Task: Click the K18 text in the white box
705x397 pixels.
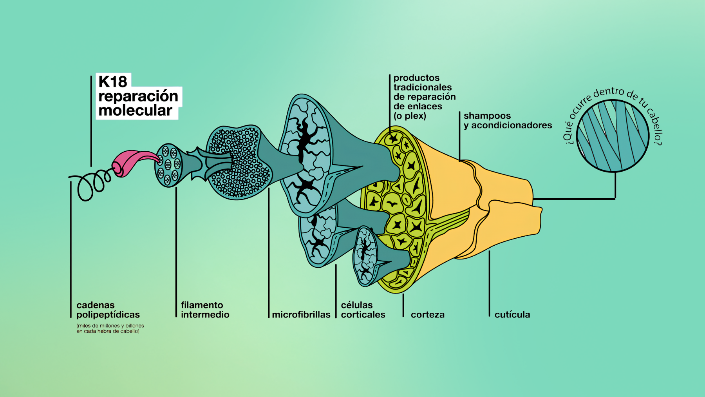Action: [113, 82]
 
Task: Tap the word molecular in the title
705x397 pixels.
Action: [135, 111]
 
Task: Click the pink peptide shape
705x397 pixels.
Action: [135, 162]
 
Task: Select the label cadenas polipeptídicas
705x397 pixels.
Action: [108, 310]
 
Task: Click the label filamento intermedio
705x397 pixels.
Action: [205, 310]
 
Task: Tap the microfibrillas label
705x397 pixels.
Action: [301, 314]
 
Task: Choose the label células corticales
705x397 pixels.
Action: [363, 310]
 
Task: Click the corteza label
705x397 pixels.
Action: [428, 314]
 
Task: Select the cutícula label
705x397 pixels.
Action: [512, 314]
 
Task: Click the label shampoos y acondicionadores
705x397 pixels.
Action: [508, 120]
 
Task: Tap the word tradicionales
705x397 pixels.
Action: [423, 87]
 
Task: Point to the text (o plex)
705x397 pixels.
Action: [410, 116]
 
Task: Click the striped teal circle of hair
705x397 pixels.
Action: [613, 136]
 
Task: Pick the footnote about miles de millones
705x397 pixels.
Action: [110, 328]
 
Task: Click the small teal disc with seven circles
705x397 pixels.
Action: [169, 165]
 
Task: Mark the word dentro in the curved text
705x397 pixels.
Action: [608, 93]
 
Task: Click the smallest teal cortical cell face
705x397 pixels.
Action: [365, 256]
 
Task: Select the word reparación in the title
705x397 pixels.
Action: [138, 96]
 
